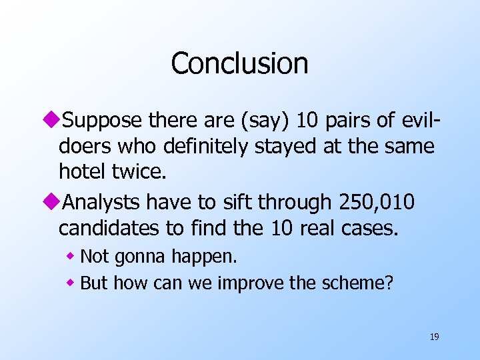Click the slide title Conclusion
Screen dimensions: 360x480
point(239,64)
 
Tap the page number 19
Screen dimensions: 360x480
point(434,337)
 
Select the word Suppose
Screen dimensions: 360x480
point(103,120)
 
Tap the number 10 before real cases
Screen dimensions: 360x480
point(279,228)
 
